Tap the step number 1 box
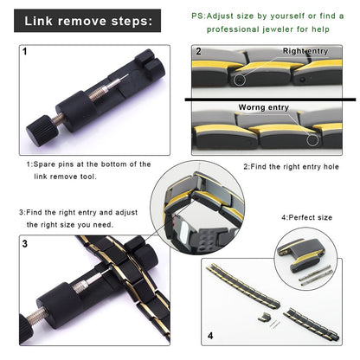click(x=24, y=52)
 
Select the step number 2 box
click(x=197, y=52)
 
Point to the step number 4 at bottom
click(x=211, y=332)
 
